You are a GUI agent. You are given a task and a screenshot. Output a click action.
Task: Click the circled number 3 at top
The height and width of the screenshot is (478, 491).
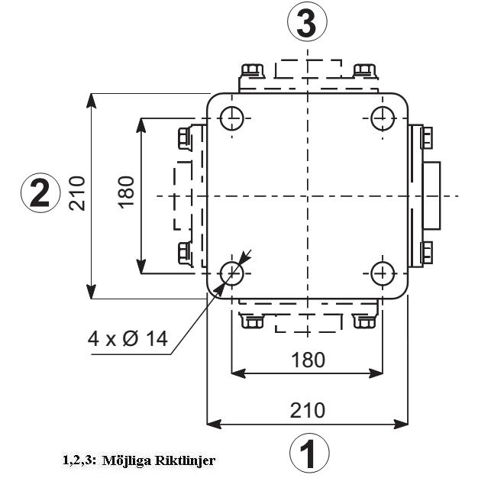point(307,24)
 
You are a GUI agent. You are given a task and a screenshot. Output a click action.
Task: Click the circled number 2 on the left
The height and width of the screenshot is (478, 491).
point(40,192)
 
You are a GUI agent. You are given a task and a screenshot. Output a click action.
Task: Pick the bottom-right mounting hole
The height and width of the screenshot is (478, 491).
point(382,272)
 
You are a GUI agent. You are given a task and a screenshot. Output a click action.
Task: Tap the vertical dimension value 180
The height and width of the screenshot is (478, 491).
point(127,192)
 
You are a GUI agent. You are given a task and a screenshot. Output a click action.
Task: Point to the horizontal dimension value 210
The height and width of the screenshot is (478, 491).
point(307,409)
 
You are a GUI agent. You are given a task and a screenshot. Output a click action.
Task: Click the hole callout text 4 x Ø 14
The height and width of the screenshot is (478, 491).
point(127,338)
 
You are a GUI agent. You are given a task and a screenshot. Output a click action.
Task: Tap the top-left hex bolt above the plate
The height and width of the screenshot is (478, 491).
point(252,70)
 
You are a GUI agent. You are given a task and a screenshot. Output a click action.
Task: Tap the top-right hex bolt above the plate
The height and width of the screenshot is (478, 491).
point(364,70)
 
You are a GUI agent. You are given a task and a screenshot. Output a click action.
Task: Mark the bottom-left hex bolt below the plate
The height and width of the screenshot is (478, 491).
point(251,321)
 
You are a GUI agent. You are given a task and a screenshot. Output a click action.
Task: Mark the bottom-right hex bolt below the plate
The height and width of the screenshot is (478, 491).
point(363,321)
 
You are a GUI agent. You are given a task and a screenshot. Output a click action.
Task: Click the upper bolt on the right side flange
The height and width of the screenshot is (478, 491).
point(427,138)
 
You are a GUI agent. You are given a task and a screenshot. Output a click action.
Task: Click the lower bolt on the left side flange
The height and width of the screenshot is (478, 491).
point(184,250)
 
